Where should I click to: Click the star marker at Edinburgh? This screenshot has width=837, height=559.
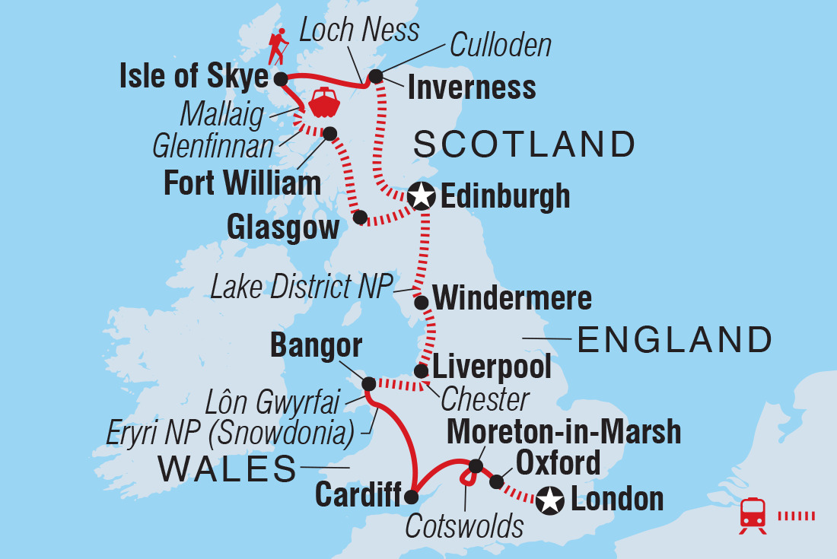[x=421, y=197]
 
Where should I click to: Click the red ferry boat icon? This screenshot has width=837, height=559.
[x=323, y=103]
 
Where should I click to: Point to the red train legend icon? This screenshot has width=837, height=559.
[x=753, y=516]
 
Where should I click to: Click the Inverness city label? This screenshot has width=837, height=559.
[x=471, y=88]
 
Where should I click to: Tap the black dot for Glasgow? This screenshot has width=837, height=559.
[x=360, y=218]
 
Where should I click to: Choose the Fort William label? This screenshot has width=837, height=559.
[x=242, y=183]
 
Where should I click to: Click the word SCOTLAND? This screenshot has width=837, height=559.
[x=524, y=144]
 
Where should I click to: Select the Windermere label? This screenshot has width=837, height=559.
[x=513, y=298]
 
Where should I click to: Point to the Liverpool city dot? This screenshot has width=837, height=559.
[x=420, y=371]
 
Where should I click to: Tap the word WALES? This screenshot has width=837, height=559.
[x=227, y=469]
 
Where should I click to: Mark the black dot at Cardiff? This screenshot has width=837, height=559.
[x=411, y=498]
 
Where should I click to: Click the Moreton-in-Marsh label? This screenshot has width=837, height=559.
[x=564, y=431]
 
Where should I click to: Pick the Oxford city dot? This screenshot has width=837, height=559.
[x=496, y=481]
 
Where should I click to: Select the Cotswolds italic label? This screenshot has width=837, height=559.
[x=464, y=526]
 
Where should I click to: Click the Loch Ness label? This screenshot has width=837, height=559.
[x=359, y=30]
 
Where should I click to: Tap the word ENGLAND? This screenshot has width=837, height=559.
[x=675, y=339]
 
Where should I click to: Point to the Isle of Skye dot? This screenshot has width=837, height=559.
[x=281, y=78]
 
